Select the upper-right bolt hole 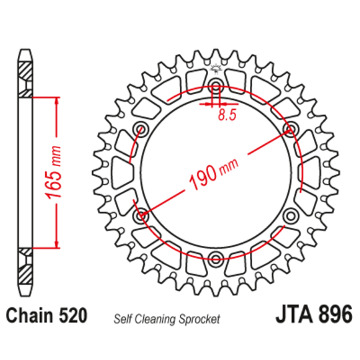point(290,128)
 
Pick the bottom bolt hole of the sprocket point(215,258)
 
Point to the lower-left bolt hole point(141,215)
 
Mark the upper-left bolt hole point(141,128)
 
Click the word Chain point(31,315)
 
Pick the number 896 point(333,315)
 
